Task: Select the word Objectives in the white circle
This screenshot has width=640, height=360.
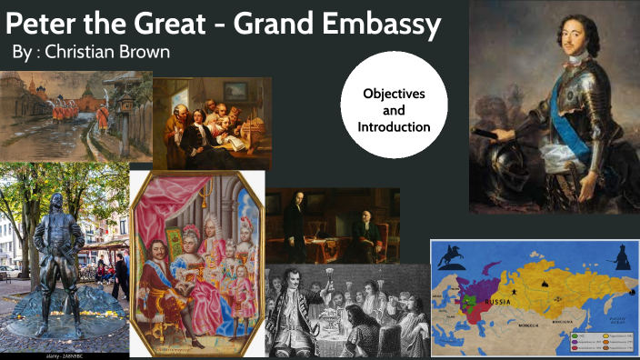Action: [394, 94]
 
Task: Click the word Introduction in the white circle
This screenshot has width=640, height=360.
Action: [394, 126]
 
